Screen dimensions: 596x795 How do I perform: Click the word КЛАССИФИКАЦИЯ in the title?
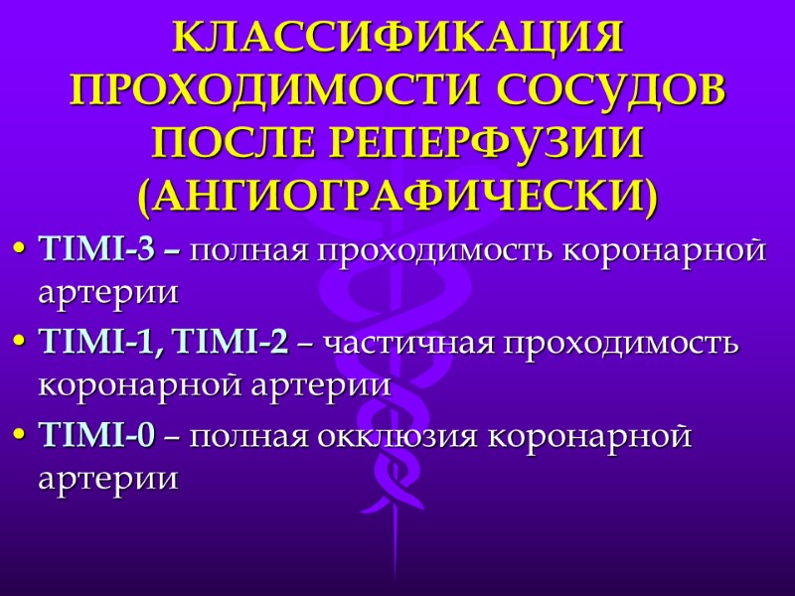click(397, 38)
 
